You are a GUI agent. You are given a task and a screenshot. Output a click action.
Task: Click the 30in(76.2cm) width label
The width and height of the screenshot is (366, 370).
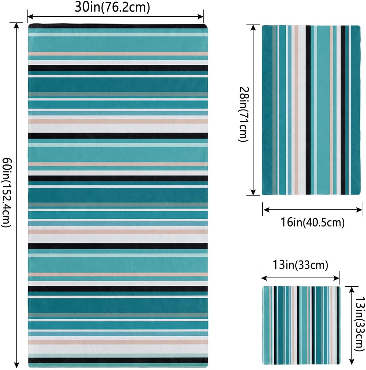(x=112, y=7)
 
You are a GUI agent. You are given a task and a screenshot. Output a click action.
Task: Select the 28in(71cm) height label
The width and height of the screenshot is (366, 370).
(x=243, y=109)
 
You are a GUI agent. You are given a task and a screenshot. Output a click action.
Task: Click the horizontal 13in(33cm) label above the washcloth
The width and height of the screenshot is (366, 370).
(x=300, y=265)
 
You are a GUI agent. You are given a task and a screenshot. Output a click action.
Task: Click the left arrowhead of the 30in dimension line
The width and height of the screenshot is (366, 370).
(x=29, y=16)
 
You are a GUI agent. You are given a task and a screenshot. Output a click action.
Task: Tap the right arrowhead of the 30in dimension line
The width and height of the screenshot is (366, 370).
(x=201, y=16)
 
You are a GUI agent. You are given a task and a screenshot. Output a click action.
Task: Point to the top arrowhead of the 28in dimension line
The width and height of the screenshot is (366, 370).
(x=253, y=26)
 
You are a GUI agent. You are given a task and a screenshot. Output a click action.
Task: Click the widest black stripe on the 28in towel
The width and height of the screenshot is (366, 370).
(x=308, y=110)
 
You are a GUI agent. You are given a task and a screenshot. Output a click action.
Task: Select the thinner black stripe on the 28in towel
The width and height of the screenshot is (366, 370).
(x=343, y=110)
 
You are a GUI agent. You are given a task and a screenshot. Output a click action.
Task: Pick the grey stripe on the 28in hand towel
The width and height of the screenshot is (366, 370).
(x=275, y=110)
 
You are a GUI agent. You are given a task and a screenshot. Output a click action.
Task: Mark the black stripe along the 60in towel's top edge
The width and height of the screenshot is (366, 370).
(x=118, y=26)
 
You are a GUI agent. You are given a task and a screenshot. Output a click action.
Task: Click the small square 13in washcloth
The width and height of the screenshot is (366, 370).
(x=301, y=325)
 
